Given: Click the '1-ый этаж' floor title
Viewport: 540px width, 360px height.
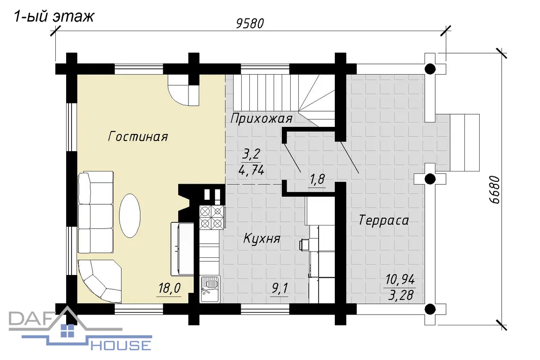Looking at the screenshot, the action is [x=54, y=17].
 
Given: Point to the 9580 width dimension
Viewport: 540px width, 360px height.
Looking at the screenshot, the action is [x=250, y=24].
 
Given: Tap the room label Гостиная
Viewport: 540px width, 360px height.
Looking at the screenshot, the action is [x=138, y=137].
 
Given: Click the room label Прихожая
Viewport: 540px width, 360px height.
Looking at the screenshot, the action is [x=261, y=119].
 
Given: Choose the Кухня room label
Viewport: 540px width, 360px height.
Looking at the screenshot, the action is [x=262, y=238].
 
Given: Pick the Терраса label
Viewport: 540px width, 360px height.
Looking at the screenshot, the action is [x=383, y=220].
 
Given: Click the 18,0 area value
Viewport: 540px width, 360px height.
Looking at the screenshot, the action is [x=170, y=288].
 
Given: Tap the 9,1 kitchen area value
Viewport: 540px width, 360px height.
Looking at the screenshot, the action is [x=279, y=288].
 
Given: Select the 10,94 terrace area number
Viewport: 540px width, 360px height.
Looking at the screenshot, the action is [x=400, y=279].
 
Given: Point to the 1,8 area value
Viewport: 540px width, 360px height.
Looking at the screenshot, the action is [x=317, y=180].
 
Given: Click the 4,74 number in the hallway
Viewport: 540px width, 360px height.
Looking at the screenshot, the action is [x=251, y=171].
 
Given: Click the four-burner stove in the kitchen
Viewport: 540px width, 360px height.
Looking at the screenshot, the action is [x=211, y=217].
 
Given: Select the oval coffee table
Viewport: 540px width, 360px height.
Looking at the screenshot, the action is [x=130, y=216].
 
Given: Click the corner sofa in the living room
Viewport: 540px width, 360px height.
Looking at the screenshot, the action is [x=99, y=281].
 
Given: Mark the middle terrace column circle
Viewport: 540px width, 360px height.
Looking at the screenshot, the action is [x=430, y=179].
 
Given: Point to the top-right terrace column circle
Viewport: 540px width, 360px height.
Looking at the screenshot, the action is [x=430, y=69].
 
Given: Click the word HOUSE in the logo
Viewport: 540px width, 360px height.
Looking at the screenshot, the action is [x=121, y=346].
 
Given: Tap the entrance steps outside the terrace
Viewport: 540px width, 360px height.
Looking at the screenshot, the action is [x=464, y=143].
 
